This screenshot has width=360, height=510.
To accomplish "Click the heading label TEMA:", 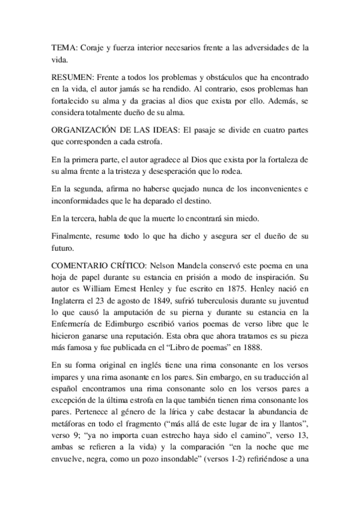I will (63, 46).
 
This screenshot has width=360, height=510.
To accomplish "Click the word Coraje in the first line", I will (94, 46).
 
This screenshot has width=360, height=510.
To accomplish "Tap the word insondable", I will (201, 464).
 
